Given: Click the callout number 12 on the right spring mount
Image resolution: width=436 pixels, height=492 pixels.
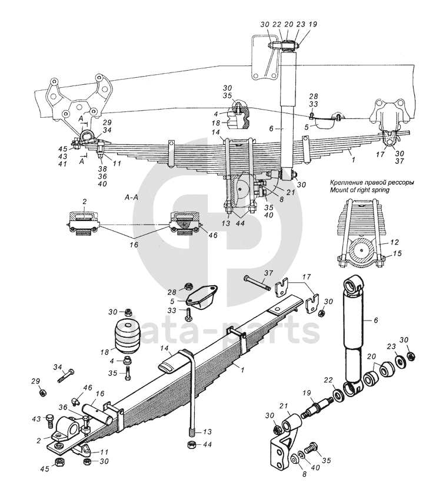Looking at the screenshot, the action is point(395,242).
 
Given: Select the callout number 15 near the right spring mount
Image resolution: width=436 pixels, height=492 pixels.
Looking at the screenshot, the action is point(397,253).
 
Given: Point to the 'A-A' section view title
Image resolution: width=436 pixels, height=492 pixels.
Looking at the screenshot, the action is point(131,197).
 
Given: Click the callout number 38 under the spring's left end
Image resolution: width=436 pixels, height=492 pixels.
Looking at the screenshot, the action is point(102,169).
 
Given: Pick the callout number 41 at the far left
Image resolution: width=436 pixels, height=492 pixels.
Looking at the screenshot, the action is point(63,163).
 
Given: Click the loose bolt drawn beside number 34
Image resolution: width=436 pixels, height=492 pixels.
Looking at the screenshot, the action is point(66,375).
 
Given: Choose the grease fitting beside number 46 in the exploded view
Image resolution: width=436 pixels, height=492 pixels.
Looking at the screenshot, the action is point(76,401).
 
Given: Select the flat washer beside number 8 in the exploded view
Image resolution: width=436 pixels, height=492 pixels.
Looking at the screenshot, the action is point(295,459).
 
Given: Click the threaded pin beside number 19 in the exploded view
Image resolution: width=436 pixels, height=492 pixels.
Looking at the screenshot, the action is point(317,408).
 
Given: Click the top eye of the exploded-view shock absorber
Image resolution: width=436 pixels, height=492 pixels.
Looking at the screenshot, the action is point(354,284).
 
